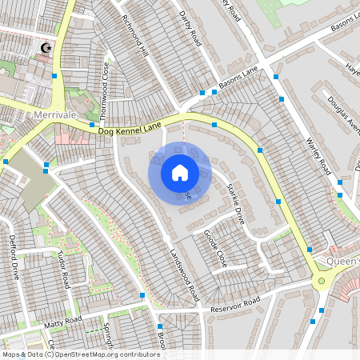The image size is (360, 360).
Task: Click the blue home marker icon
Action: click(x=179, y=172)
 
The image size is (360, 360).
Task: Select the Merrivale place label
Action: click(x=55, y=115)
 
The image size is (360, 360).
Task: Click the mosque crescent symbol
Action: click(x=45, y=49)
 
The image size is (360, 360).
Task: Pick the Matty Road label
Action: click(x=63, y=320)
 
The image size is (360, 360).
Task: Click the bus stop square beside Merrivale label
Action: click(x=92, y=125)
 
